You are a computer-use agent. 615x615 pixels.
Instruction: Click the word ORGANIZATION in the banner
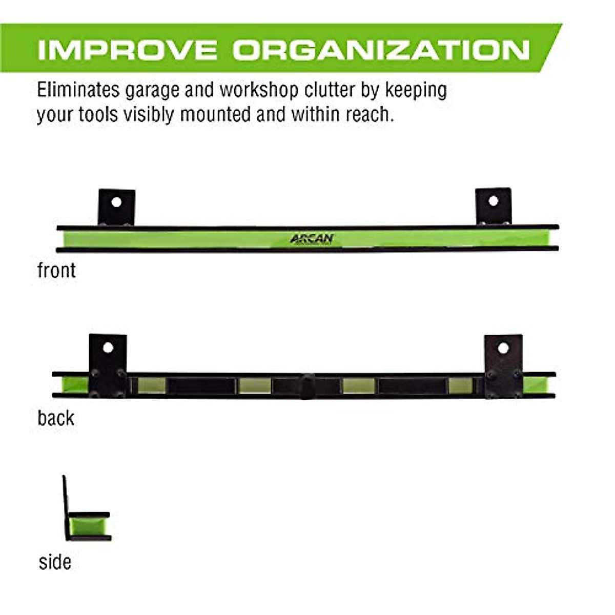tap(381, 49)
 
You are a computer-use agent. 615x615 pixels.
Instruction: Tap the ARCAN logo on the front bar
tap(312, 239)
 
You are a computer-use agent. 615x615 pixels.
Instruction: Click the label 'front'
tap(56, 271)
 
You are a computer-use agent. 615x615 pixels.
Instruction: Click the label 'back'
tap(56, 418)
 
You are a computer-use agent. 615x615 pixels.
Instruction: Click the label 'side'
tap(55, 562)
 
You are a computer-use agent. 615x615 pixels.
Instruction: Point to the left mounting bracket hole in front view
tap(116, 202)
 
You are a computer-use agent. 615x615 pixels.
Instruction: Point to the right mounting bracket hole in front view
tap(493, 200)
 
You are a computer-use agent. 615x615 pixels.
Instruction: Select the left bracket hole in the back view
tap(108, 347)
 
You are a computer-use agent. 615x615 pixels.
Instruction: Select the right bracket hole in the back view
tap(503, 348)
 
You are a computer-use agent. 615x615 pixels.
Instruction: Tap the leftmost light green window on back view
tap(152, 385)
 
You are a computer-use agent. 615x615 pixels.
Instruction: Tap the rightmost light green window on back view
tap(460, 385)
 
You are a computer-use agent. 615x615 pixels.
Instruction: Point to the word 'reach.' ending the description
tap(370, 114)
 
